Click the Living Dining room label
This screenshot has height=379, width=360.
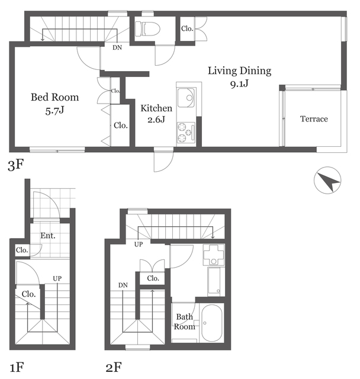(x=239, y=77)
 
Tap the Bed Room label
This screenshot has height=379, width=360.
(x=55, y=104)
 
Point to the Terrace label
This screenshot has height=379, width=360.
(x=314, y=118)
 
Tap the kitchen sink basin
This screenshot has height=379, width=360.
(x=186, y=98)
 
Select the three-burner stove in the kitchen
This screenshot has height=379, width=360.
(x=186, y=133)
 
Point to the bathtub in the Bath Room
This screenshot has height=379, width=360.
(x=211, y=322)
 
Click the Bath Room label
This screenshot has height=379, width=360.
(x=185, y=322)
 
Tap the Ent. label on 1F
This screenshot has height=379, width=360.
(x=48, y=236)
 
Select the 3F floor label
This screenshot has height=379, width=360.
(x=16, y=165)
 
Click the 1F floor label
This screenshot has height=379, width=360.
(x=17, y=367)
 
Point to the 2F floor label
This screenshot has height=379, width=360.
(x=114, y=367)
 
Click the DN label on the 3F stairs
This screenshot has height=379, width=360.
(x=117, y=47)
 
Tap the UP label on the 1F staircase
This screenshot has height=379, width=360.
(x=57, y=278)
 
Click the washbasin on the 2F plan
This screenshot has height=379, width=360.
(x=214, y=255)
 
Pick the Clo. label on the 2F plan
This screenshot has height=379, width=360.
(x=153, y=278)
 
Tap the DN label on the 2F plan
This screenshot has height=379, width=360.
(x=123, y=285)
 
